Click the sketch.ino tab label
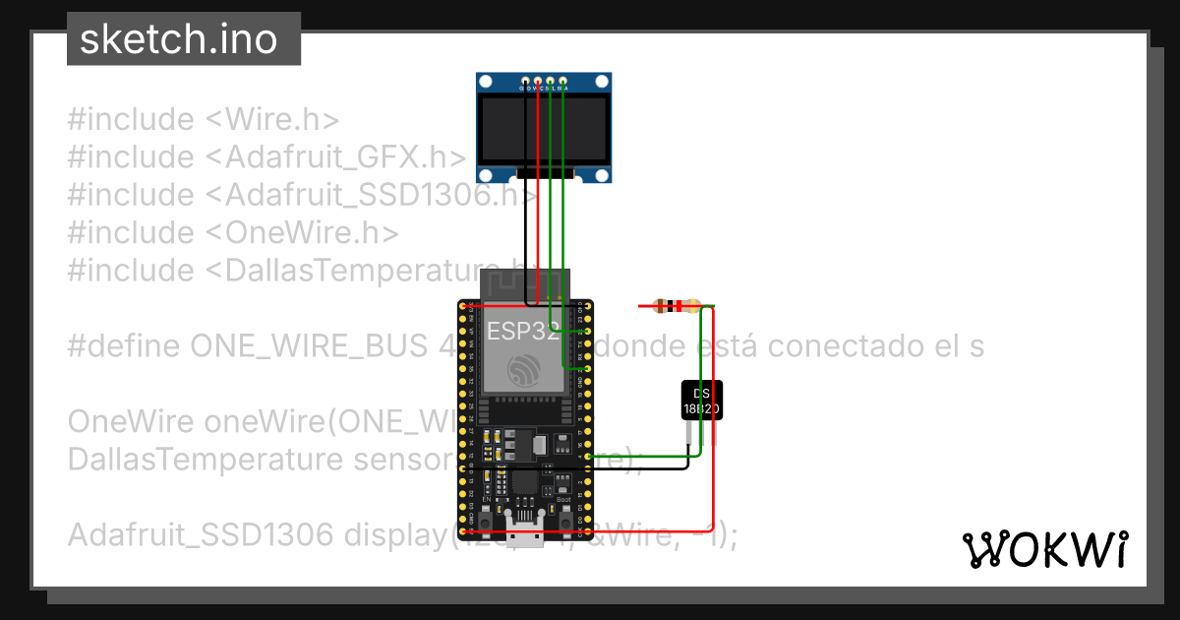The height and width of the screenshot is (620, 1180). [177, 39]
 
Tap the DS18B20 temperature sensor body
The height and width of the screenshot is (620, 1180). [702, 399]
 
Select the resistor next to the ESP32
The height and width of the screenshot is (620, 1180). [677, 306]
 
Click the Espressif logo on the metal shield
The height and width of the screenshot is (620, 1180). [523, 371]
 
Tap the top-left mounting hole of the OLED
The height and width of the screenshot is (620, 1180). [487, 83]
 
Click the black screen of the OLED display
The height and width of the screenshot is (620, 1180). [544, 130]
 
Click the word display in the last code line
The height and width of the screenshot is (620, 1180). [395, 535]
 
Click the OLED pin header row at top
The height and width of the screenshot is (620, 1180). [544, 80]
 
